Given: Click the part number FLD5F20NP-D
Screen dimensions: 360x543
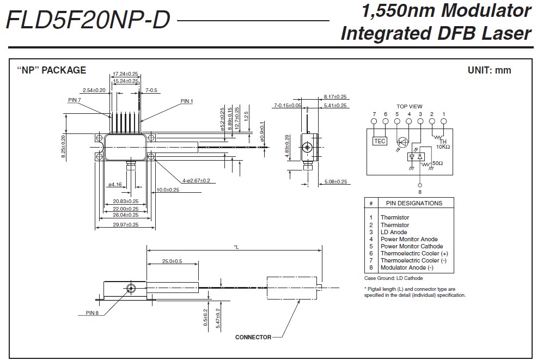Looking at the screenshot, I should pos(88,21).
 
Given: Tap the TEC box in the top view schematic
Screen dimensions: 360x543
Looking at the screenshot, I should pos(380,141).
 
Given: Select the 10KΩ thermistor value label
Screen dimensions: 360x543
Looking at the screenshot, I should pos(443,147).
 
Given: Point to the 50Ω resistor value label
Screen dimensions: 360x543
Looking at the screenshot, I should pos(437,163).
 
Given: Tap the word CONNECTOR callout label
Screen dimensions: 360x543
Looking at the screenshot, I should pos(253,337).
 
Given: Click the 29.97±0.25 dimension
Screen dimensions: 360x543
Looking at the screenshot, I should pos(125,224).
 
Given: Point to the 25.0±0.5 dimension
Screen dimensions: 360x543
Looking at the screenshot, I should pos(172,261).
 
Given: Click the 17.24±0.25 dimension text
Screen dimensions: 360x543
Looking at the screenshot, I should pos(125,74).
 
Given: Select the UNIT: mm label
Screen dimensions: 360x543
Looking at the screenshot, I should pos(490,70).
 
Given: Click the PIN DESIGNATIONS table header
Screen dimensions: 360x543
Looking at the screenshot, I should pos(414,203).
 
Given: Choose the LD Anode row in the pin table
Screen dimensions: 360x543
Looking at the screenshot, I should pos(394,232).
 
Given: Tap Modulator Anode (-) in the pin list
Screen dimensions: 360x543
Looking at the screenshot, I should pos(407,267).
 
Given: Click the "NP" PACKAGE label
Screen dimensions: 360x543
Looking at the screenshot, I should pos(52,70).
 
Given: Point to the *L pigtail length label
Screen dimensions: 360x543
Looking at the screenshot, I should pos(236,247).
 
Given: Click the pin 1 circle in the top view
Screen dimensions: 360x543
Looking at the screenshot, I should pos(443,121).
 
